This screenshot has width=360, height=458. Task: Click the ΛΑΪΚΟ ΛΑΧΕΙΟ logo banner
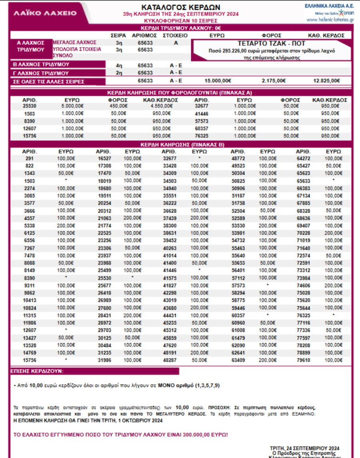[45, 13]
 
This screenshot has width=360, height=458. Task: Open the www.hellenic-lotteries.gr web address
[330, 20]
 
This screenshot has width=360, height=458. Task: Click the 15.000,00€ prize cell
[218, 81]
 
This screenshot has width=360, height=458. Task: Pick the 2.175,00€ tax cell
[274, 81]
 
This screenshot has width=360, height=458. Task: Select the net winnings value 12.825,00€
[326, 81]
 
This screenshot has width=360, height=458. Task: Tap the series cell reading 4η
[119, 64]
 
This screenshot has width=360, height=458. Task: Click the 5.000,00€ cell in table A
[72, 106]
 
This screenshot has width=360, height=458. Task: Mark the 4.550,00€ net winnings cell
[161, 106]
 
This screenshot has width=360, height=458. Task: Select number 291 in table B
[29, 159]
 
